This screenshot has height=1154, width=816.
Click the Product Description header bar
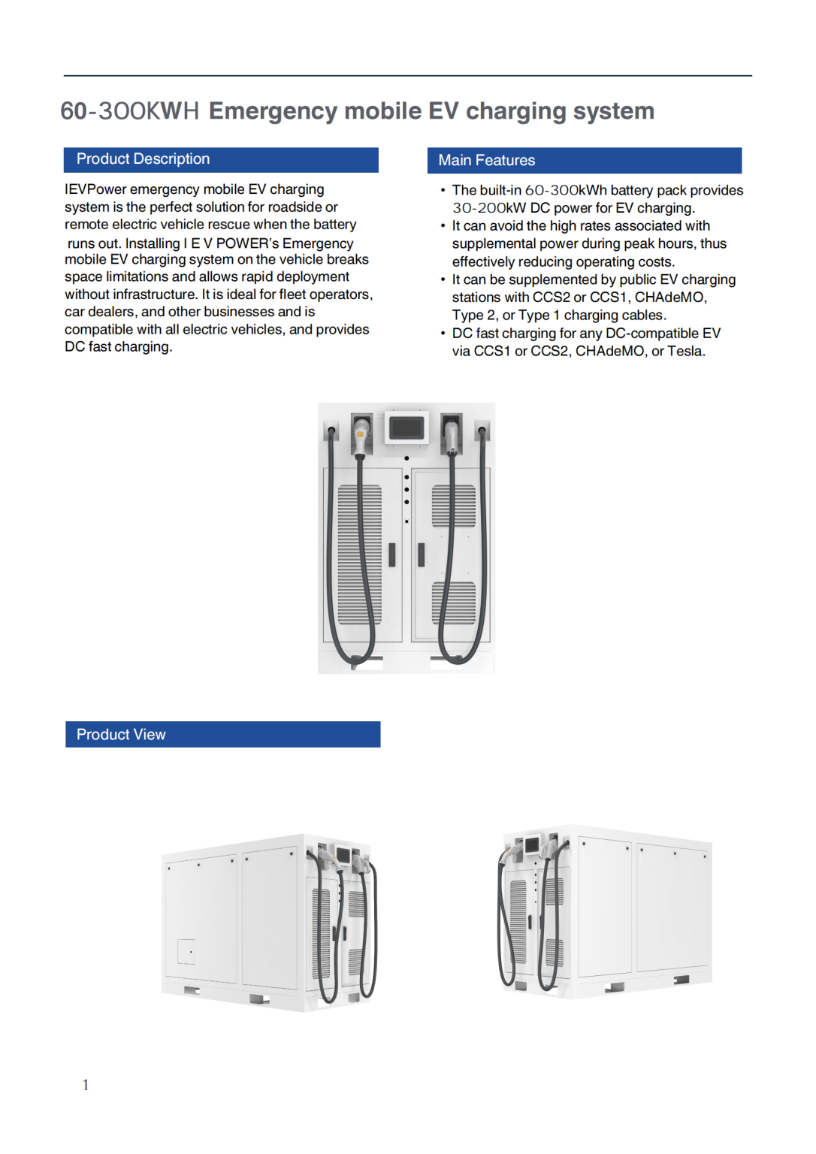(x=220, y=159)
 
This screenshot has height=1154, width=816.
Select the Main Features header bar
(x=584, y=161)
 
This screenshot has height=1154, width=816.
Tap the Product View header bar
(x=222, y=735)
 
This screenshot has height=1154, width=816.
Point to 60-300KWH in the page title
(x=129, y=111)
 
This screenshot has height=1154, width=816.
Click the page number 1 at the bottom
(x=86, y=1085)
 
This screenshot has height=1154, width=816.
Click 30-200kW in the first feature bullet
(x=488, y=208)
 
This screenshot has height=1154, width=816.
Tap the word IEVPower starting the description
(x=95, y=189)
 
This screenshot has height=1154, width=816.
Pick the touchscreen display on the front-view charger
(x=406, y=427)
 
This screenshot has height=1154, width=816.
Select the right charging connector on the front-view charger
(x=452, y=436)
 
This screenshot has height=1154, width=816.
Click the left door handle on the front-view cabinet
(x=391, y=554)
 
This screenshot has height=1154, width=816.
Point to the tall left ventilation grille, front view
(x=360, y=554)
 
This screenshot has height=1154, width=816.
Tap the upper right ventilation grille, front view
(x=454, y=506)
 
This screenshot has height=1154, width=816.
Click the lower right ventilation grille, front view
(x=454, y=603)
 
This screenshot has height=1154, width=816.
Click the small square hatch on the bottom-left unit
(x=186, y=951)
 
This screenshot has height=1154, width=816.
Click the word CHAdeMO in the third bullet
(x=669, y=298)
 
